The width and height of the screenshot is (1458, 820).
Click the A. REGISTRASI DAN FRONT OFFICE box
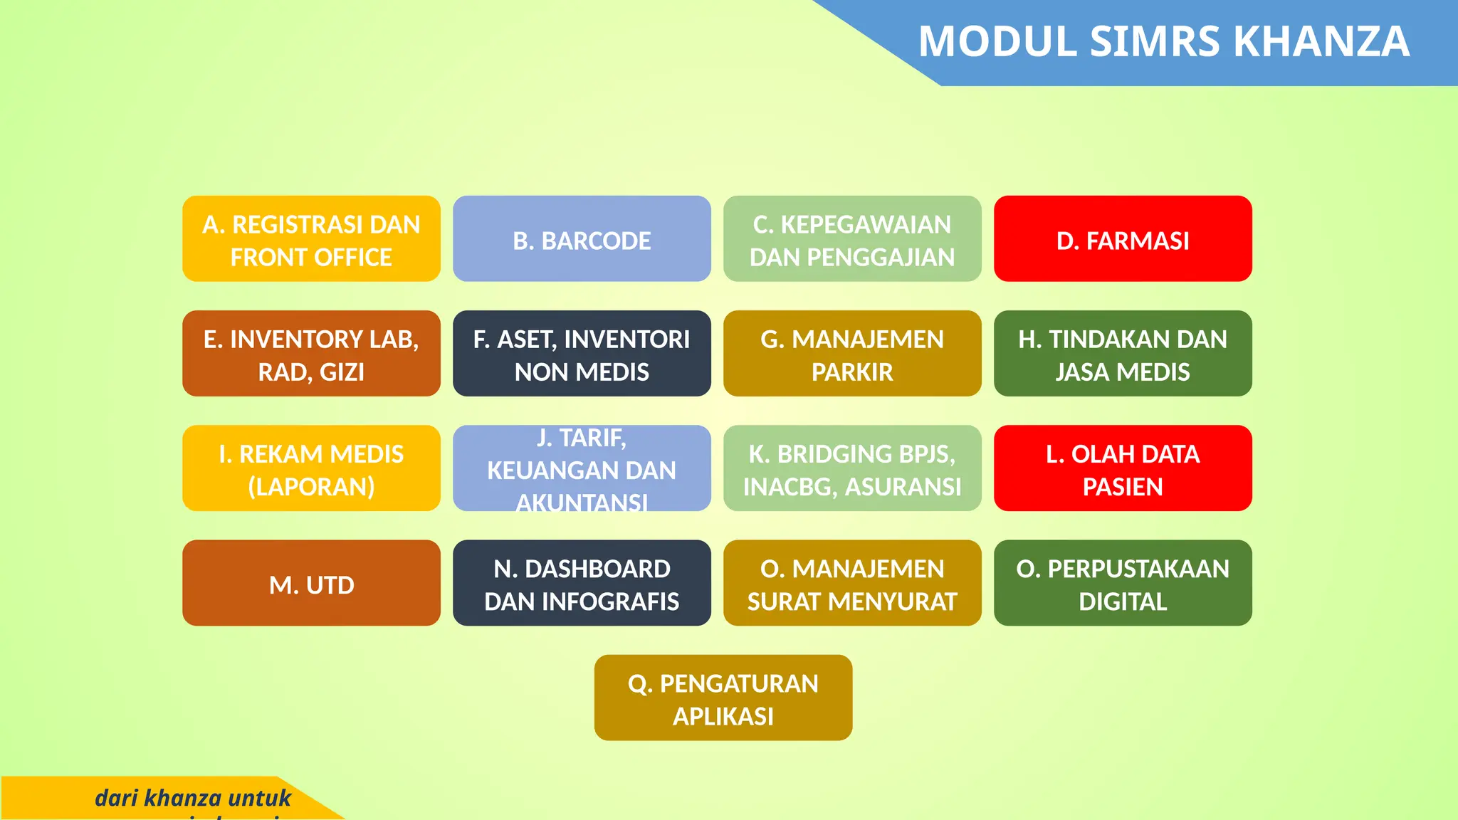click(311, 239)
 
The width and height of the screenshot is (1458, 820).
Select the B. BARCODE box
click(582, 239)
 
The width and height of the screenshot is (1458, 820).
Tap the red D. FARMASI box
click(1123, 239)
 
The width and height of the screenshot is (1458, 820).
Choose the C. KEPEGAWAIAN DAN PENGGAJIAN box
click(852, 239)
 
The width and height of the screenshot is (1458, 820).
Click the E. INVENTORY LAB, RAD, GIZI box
click(311, 354)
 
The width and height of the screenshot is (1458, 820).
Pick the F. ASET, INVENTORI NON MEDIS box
click(582, 354)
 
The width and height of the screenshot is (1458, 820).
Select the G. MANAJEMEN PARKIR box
click(852, 354)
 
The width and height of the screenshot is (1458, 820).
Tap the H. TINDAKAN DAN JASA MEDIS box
click(1123, 354)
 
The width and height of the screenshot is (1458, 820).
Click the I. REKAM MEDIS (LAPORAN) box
click(311, 468)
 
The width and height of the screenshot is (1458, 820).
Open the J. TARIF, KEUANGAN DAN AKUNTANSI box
click(582, 468)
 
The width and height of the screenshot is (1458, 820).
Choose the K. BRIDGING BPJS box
click(852, 468)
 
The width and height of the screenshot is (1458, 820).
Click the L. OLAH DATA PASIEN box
click(1123, 468)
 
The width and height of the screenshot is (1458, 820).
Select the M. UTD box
click(311, 583)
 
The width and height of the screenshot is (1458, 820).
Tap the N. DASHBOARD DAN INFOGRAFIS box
click(582, 583)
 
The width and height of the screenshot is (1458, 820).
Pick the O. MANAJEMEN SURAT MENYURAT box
click(852, 583)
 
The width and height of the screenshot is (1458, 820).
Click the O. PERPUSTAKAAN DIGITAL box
click(1123, 583)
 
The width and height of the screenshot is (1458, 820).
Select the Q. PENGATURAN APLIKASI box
click(723, 698)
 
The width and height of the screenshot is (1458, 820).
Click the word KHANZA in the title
click(1321, 41)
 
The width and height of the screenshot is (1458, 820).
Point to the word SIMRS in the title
click(1155, 41)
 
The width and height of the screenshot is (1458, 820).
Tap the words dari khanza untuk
click(193, 798)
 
